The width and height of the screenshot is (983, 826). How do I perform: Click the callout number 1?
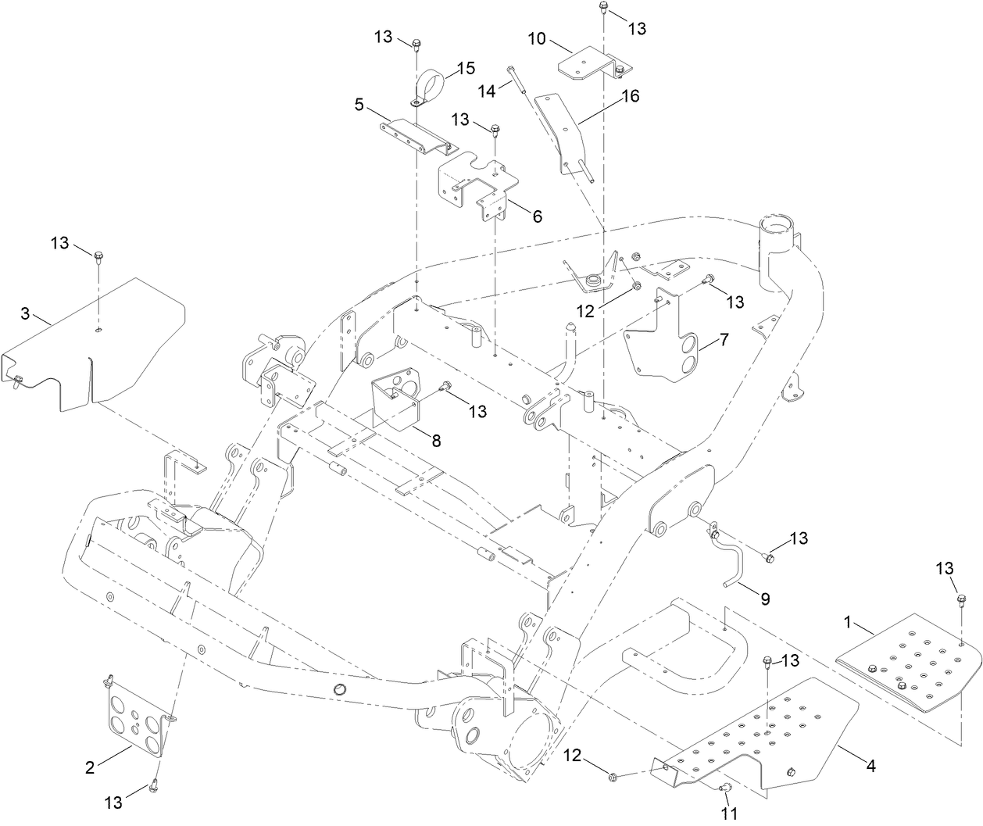click(x=847, y=623)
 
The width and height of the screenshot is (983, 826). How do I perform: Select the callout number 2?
click(x=90, y=767)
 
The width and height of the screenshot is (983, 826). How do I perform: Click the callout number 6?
click(x=537, y=216)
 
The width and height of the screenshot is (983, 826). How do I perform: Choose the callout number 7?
click(x=724, y=340)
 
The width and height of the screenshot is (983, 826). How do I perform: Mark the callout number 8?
click(x=436, y=441)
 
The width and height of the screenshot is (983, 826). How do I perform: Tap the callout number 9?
click(x=765, y=599)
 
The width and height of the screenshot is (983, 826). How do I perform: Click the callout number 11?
click(x=729, y=813)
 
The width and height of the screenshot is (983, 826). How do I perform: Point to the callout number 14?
click(x=487, y=90)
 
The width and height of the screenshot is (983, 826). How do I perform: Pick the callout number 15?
click(x=466, y=68)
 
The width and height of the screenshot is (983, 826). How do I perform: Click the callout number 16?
click(x=630, y=95)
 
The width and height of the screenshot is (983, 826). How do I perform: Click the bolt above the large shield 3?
click(x=99, y=256)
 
